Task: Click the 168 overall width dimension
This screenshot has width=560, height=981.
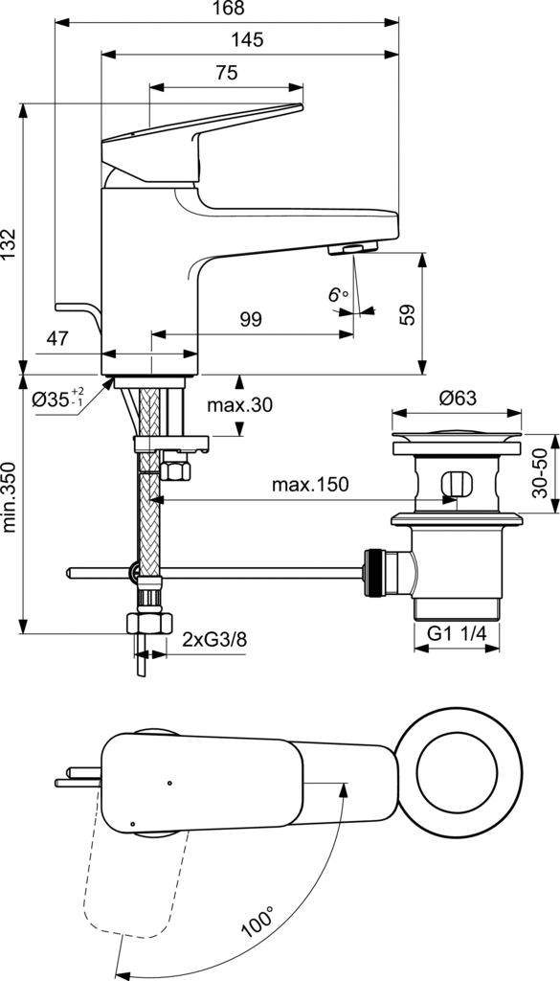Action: coord(227,8)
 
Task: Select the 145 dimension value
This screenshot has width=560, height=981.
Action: coord(247,40)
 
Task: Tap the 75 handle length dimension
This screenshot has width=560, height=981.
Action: coord(227,73)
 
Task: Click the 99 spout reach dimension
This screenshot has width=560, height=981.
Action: coord(251,320)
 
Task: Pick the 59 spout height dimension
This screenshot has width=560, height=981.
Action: coord(407,314)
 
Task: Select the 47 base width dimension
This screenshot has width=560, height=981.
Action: coord(56,339)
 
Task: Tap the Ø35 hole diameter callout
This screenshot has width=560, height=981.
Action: coord(56,398)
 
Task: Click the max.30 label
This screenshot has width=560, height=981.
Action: coord(240,405)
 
